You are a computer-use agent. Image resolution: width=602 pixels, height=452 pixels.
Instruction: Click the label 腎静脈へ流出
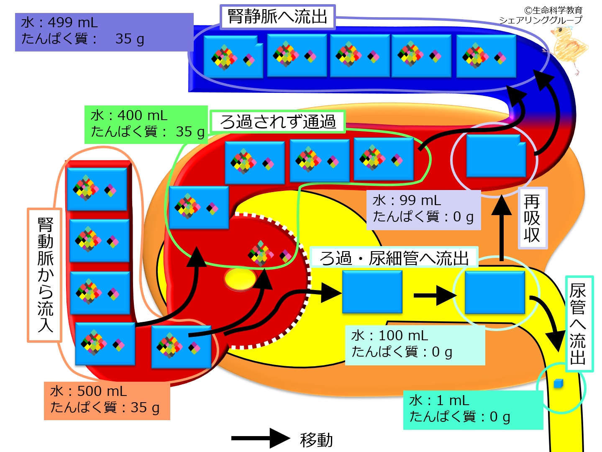point(277,17)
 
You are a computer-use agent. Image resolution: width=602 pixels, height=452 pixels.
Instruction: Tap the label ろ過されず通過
point(278,122)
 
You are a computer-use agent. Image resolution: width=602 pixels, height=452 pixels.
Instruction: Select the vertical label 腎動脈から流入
point(45,275)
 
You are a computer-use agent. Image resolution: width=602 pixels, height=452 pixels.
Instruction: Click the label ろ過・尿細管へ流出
point(394,258)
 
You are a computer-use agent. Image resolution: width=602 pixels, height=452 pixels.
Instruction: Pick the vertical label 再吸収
point(532,218)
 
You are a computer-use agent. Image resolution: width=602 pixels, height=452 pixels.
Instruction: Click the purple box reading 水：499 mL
point(104,32)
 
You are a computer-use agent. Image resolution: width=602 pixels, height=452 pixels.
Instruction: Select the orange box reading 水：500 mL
point(107,400)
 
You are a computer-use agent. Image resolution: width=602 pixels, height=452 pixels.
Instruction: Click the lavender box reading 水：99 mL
point(423,209)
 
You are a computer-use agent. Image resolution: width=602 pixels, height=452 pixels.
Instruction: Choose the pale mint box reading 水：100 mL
point(415,344)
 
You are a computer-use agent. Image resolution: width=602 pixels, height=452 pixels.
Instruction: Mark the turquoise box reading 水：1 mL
point(472,409)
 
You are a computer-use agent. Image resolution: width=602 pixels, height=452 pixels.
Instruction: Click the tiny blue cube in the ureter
point(558,384)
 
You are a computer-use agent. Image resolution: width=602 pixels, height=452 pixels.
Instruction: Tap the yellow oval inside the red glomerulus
point(240,279)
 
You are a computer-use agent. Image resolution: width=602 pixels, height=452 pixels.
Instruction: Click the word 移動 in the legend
point(316,439)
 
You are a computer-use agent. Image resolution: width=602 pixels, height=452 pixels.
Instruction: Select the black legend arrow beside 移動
point(260,438)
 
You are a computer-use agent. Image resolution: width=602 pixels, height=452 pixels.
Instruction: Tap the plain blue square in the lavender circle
point(496,156)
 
